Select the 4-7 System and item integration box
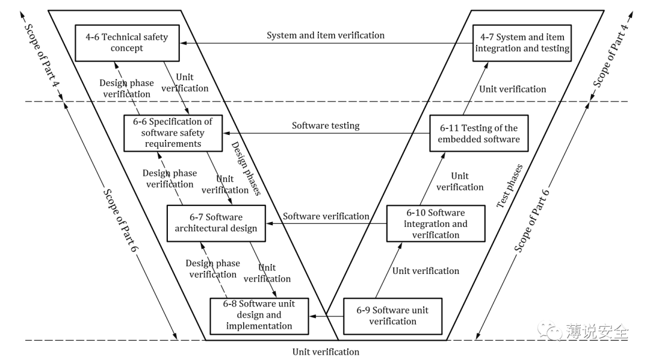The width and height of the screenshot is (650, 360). tap(522, 43)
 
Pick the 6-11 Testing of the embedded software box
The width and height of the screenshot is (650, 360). tap(478, 134)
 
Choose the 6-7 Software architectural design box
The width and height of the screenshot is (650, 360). tap(215, 223)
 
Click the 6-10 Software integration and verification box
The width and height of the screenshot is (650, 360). tap(435, 223)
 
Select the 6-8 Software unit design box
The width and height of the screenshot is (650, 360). tap(259, 315)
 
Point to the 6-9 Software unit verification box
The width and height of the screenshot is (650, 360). tap(392, 315)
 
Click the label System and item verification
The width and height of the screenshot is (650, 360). tap(326, 35)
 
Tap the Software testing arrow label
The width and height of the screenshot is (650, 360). tap(326, 126)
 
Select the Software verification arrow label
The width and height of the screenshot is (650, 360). tap(326, 216)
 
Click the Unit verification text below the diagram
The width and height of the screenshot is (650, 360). tap(326, 352)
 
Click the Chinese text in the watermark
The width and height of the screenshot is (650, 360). tap(596, 331)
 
